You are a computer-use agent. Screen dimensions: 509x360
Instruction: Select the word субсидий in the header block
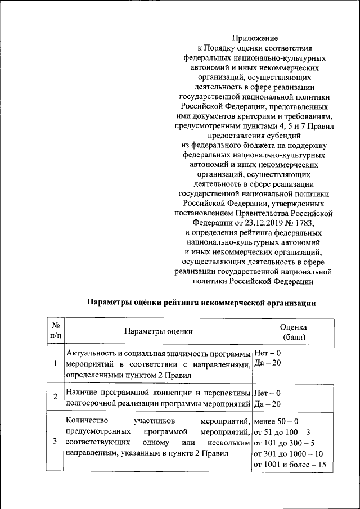coord(280,136)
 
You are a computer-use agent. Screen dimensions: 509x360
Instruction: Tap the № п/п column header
coord(55,331)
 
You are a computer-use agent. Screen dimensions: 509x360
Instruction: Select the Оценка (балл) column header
coord(293,332)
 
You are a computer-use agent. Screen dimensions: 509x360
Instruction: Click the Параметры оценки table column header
coord(158,332)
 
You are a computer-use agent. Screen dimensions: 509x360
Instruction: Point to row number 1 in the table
coord(55,363)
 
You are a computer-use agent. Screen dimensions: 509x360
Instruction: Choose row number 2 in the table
coord(55,397)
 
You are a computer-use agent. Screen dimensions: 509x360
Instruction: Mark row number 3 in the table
coord(55,440)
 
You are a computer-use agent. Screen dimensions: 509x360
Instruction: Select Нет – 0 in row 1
coord(267,353)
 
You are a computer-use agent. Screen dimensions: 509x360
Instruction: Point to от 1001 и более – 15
coord(290,465)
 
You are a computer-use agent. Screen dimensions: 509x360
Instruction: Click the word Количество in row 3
coord(86,421)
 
